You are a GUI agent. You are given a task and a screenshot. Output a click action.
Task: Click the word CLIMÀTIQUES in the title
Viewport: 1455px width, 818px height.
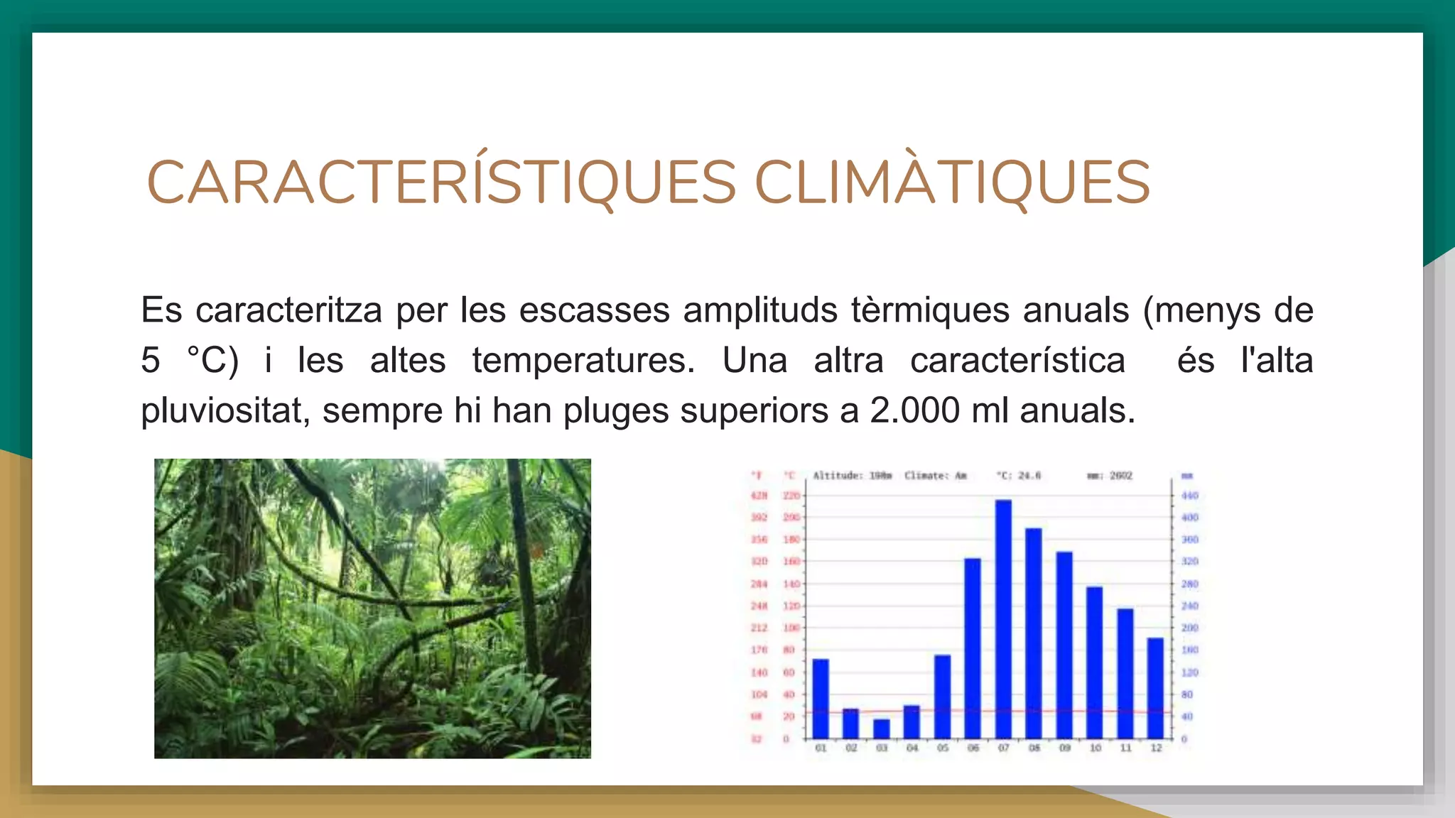tap(952, 182)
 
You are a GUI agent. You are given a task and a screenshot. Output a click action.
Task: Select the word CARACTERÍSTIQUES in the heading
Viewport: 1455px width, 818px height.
tap(441, 182)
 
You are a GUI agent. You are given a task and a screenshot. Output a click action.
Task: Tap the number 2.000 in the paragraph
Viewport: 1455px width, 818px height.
tap(914, 410)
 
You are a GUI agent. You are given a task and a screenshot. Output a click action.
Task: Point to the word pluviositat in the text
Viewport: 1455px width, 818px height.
tap(225, 410)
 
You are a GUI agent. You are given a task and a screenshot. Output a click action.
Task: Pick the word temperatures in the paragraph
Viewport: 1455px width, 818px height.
tap(583, 360)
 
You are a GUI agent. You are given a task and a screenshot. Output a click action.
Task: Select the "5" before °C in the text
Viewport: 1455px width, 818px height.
tap(151, 360)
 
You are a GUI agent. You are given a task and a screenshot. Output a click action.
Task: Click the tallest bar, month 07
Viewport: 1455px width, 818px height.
tap(1003, 618)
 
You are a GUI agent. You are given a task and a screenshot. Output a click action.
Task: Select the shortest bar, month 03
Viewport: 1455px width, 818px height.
tap(881, 729)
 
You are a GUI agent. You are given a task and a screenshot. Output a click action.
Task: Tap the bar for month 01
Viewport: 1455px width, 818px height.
tap(821, 699)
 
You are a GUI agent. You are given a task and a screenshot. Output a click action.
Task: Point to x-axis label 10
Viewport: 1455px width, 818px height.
tap(1095, 748)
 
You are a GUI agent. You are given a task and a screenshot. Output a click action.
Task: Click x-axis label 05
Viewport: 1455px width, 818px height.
tap(942, 748)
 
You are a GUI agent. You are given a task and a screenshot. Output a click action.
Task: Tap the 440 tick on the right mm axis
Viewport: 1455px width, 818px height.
tap(1189, 496)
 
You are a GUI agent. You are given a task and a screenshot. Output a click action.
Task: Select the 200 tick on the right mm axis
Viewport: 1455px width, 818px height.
tap(1189, 628)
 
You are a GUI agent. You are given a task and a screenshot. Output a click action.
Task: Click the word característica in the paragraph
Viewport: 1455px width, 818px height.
tap(1017, 360)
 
